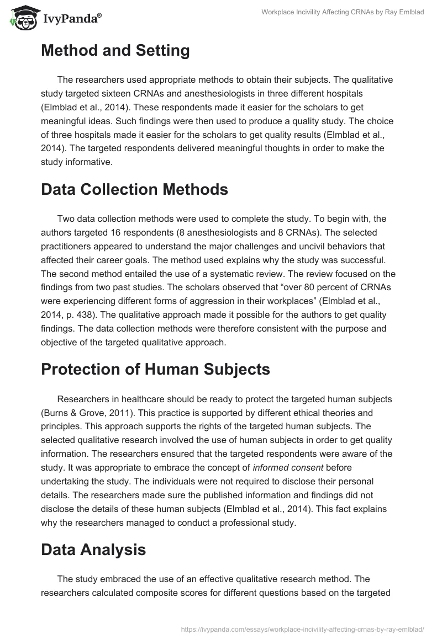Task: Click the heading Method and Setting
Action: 115,51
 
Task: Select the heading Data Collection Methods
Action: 134,189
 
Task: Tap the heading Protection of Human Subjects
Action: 155,369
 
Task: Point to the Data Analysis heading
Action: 93,549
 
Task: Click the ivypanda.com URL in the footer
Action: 303,628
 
